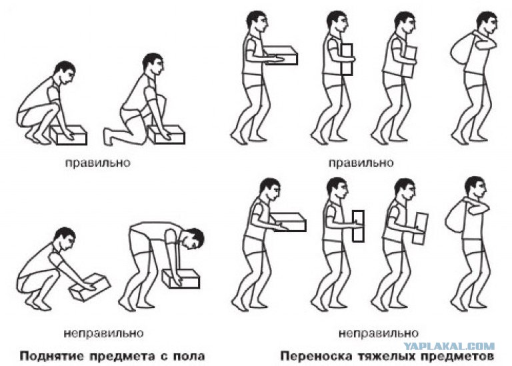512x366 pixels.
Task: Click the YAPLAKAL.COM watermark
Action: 449,347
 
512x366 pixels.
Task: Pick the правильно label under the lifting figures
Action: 98,163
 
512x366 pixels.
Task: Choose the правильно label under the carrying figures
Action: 361,163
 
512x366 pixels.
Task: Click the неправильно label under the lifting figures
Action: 103,333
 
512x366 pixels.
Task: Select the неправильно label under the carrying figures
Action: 378,333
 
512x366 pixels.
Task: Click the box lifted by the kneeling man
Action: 167,135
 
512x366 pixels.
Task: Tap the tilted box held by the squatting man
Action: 91,286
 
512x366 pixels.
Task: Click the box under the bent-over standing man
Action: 181,279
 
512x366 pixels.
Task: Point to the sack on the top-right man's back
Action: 460,51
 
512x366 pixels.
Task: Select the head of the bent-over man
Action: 193,238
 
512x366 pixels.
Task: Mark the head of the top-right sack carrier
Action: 487,22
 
